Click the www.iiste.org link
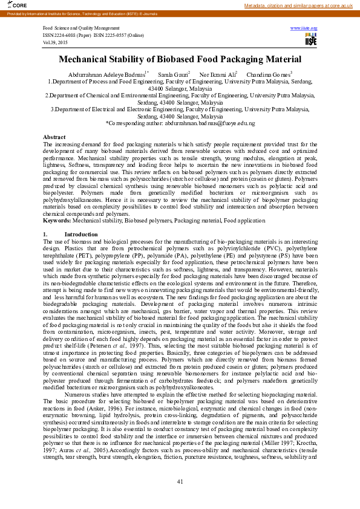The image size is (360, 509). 304,28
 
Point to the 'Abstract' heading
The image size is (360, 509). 54,138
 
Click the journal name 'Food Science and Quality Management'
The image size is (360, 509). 81,28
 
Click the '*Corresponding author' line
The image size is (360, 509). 180,123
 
